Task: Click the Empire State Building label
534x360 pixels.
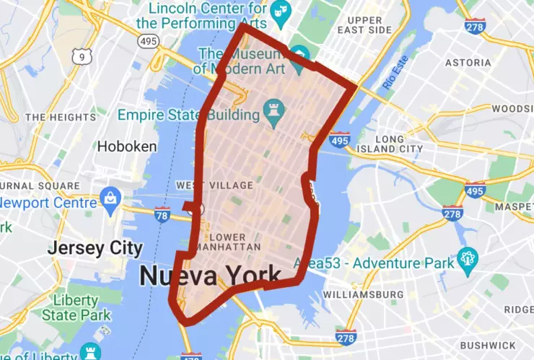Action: click(x=188, y=115)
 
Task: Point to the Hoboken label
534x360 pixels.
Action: click(x=127, y=146)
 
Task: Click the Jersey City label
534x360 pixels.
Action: click(x=95, y=248)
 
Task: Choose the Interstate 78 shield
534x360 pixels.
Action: click(x=162, y=214)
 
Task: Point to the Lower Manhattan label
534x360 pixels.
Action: click(x=233, y=242)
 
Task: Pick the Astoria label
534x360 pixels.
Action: click(x=468, y=63)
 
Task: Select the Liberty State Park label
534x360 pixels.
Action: click(x=76, y=308)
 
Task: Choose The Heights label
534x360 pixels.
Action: click(x=60, y=117)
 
